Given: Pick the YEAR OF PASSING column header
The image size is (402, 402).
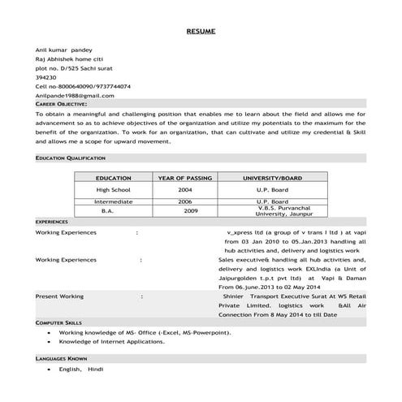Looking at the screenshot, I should click(185, 177).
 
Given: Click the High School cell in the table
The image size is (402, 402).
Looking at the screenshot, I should click(113, 188).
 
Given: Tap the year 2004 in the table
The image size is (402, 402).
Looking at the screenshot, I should click(185, 188).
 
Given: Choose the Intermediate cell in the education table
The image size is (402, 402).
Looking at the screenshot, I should click(113, 201).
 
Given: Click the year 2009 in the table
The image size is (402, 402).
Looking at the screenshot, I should click(190, 210).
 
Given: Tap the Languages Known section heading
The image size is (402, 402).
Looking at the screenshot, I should click(61, 357).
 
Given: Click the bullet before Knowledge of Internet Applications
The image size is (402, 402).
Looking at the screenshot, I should click(50, 342).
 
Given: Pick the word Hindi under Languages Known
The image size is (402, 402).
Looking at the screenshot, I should click(96, 369).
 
